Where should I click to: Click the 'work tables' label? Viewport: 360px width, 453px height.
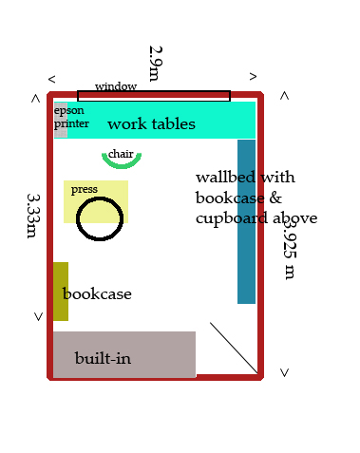151,123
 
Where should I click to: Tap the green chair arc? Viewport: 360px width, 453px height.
122,165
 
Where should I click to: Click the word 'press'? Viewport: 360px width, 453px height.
85,189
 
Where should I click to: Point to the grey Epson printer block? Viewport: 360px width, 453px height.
61,120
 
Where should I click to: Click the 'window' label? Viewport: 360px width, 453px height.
116,86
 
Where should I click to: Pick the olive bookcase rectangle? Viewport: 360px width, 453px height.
61,292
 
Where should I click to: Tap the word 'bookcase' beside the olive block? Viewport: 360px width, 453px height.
97,293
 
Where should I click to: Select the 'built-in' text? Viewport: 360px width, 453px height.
103,358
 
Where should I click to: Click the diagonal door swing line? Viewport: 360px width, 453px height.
234,348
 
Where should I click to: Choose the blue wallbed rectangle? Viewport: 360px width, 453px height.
246,221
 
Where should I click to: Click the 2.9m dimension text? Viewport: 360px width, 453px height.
156,64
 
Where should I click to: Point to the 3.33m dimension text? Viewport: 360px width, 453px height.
33,216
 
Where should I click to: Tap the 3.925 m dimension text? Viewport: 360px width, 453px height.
290,249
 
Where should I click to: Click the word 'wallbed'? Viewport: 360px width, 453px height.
225,178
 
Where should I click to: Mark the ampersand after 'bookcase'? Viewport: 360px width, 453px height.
275,198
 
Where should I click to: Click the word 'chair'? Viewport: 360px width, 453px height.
121,154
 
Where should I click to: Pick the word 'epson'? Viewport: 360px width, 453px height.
69,110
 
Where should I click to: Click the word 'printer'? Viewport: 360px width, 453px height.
71,123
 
